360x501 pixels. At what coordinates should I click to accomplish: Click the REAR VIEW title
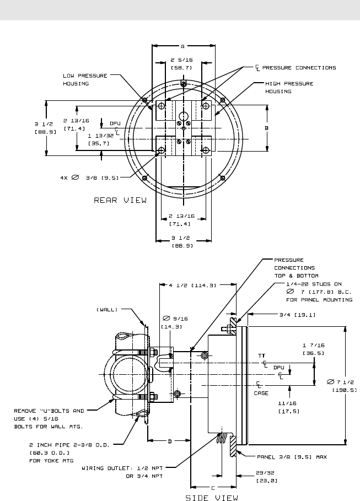pos(120,201)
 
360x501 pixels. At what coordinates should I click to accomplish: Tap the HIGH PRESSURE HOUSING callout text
pos(289,87)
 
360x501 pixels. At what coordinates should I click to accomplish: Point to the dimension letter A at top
pos(182,46)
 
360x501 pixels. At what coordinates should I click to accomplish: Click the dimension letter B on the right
pos(267,128)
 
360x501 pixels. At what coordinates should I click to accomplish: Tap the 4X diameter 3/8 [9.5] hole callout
pos(87,177)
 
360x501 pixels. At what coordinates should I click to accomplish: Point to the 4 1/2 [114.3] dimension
pos(192,285)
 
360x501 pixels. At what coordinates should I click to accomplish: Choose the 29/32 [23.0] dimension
pos(267,477)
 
